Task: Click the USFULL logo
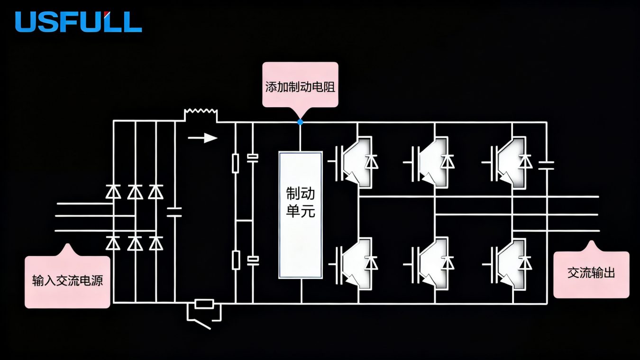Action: click(x=78, y=22)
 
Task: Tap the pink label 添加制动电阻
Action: click(x=300, y=86)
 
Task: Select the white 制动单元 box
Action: click(x=300, y=214)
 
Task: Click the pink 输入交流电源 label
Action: click(x=67, y=280)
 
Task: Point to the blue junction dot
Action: click(x=300, y=122)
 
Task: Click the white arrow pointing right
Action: click(x=202, y=138)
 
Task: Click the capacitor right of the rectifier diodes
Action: click(x=175, y=212)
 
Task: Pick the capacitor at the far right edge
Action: click(x=547, y=165)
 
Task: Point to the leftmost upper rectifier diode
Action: click(x=113, y=192)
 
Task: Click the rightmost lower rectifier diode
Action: click(x=155, y=243)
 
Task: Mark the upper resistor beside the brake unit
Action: click(x=236, y=163)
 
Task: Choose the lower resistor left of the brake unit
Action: click(x=236, y=260)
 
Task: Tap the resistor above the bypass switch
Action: click(x=204, y=304)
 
